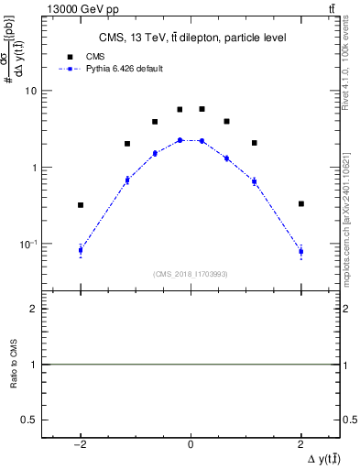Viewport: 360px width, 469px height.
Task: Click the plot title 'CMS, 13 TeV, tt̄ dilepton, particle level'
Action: click(x=192, y=38)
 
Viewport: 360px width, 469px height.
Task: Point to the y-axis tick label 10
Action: click(x=31, y=91)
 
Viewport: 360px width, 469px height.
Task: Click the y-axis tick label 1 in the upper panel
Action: click(x=34, y=168)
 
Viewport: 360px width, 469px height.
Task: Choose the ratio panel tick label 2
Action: click(x=34, y=310)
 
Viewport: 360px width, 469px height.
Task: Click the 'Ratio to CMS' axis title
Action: click(x=14, y=364)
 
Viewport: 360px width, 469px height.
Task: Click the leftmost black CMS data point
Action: click(x=81, y=205)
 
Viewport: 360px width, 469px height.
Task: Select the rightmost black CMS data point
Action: click(x=300, y=203)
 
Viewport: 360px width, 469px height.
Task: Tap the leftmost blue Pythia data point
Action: click(x=81, y=250)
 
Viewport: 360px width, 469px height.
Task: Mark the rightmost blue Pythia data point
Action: click(x=300, y=251)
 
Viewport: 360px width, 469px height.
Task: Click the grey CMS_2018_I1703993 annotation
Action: click(x=191, y=274)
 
